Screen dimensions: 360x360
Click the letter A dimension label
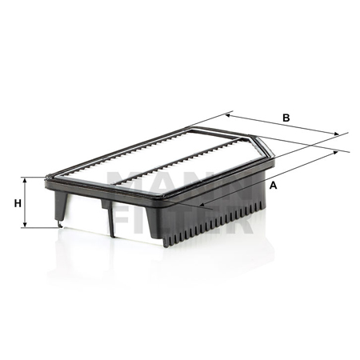(273, 185)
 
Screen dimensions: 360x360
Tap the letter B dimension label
(286, 118)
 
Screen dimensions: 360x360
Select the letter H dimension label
(18, 204)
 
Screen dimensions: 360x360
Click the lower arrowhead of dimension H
(25, 225)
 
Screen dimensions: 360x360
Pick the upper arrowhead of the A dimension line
(335, 152)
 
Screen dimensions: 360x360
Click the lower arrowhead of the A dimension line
(202, 205)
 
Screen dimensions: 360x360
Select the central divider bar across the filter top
(178, 161)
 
